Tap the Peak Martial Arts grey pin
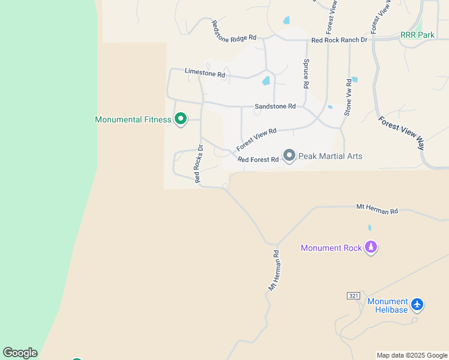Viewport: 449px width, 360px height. [x=289, y=156]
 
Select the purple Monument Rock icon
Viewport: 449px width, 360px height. [x=372, y=247]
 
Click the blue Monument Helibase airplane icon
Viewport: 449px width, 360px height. [x=418, y=305]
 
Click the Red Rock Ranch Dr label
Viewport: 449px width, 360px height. [x=339, y=40]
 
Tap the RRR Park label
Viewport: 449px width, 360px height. [x=417, y=35]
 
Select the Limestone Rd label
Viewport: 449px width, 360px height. [x=205, y=73]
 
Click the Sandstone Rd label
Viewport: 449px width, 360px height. [x=275, y=106]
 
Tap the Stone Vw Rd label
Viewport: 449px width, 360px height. [x=348, y=97]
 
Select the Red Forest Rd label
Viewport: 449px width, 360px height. [x=258, y=160]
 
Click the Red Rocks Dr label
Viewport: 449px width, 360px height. [x=199, y=164]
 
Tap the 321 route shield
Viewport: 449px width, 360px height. [x=353, y=296]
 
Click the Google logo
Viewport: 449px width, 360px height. [x=20, y=353]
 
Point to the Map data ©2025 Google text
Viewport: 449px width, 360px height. [x=412, y=355]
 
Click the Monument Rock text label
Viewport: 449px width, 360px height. [x=331, y=248]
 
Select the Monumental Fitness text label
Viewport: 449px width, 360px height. [x=133, y=119]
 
